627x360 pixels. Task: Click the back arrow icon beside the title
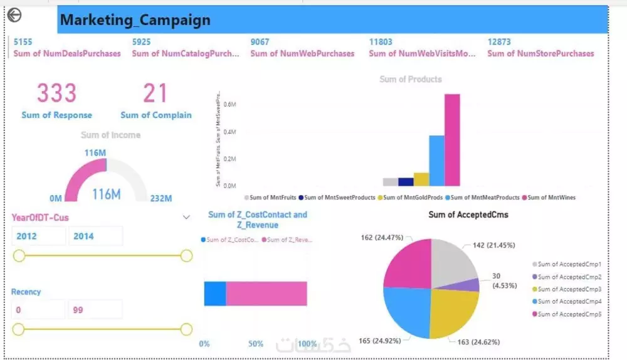14,16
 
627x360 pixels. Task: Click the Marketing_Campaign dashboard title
135,20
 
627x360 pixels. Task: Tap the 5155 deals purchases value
23,42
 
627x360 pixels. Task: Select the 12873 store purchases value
499,42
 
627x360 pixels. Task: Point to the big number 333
56,93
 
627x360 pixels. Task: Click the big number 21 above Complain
155,93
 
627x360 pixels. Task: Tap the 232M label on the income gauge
161,199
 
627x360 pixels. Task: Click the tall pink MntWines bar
452,140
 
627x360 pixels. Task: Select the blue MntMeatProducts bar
436,161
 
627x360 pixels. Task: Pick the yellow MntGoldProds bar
421,179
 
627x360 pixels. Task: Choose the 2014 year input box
95,236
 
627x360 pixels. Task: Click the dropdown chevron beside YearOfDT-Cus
186,218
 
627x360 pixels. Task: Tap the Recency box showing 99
95,310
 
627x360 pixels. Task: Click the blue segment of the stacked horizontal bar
214,294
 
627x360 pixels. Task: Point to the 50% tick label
256,344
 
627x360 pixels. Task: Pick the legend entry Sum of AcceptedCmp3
566,289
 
